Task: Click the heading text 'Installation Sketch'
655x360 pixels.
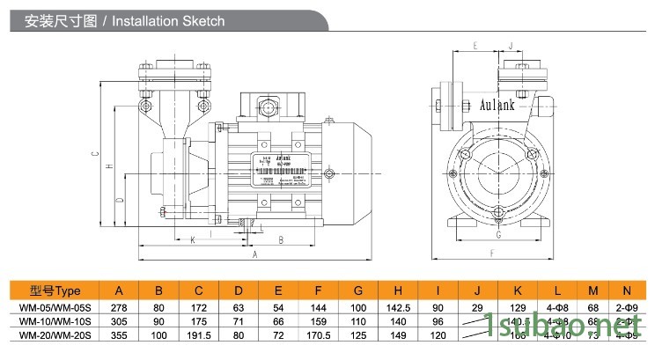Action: coord(170,20)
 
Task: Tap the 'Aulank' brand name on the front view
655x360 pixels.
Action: coord(498,103)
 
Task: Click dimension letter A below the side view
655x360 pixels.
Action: coord(254,254)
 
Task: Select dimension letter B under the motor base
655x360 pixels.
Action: coord(279,239)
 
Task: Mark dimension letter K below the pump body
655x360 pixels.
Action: coord(192,239)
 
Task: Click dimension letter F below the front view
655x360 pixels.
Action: coord(491,253)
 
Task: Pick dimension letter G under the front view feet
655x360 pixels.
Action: coord(497,235)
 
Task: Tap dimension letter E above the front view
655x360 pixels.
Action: coord(475,43)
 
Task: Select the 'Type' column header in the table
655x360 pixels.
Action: coord(55,290)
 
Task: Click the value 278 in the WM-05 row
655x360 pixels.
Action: coord(120,308)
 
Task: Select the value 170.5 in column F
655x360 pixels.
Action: coord(318,335)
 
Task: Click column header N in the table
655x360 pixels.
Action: coord(626,290)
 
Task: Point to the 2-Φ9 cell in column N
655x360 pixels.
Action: coord(626,308)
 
